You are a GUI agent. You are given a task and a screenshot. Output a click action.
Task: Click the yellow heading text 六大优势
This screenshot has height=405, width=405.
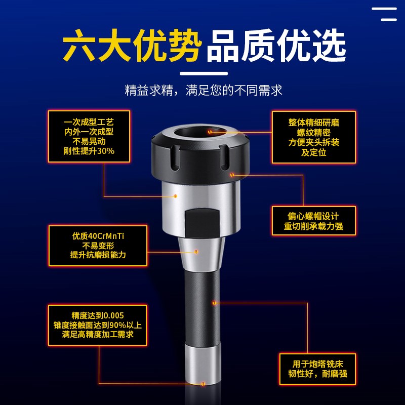point(133,47)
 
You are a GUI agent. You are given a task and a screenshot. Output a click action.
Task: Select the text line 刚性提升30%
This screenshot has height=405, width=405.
point(89,151)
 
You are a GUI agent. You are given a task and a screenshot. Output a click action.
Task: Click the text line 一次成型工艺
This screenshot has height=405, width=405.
point(89,122)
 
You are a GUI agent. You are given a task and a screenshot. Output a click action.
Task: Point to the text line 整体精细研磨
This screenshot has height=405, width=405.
point(314,123)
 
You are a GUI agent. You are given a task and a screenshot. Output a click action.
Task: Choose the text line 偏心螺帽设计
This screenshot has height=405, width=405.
point(314,216)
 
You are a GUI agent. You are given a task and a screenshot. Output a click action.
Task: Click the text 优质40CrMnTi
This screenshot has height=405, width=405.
point(98,236)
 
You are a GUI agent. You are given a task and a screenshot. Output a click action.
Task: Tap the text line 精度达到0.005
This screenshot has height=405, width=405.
point(98,315)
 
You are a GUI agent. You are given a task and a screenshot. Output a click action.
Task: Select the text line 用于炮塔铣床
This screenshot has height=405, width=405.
point(317,364)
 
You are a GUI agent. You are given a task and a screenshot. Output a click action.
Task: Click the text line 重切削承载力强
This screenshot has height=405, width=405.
point(314,226)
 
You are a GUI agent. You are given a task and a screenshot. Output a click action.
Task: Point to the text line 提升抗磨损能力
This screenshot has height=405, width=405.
point(98,255)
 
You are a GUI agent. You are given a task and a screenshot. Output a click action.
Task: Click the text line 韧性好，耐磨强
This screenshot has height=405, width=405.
point(317,375)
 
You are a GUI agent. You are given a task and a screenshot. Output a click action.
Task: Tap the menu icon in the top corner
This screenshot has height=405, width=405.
point(385,14)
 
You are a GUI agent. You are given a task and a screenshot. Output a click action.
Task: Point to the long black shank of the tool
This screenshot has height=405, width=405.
point(202,304)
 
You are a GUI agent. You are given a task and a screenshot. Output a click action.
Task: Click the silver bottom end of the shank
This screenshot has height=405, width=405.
point(202,367)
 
